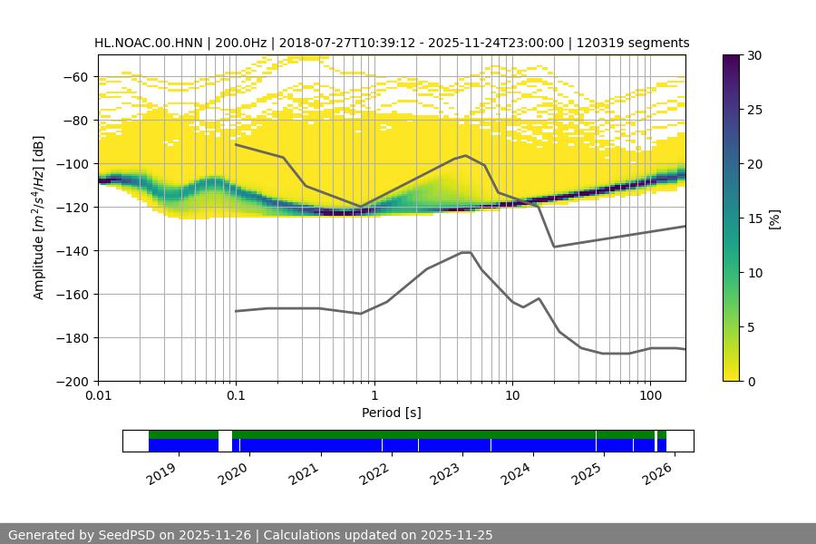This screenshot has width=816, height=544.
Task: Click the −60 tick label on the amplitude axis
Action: coord(74,77)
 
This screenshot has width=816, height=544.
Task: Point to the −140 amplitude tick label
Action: coord(71,251)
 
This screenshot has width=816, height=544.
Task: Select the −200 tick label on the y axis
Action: coord(71,382)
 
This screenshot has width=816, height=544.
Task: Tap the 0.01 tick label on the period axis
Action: coord(98,396)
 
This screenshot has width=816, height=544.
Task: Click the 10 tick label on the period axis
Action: coord(511,396)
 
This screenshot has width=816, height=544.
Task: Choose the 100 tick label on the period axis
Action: coord(649,396)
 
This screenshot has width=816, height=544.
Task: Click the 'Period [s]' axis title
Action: coord(392,413)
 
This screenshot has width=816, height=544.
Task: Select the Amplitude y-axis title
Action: coord(39,218)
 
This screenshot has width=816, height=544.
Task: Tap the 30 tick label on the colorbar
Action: coord(754,55)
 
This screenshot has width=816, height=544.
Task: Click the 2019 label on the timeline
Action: coord(161,472)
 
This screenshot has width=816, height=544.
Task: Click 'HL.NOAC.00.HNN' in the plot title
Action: coord(149,43)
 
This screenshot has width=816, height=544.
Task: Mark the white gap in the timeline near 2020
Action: coord(225,441)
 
